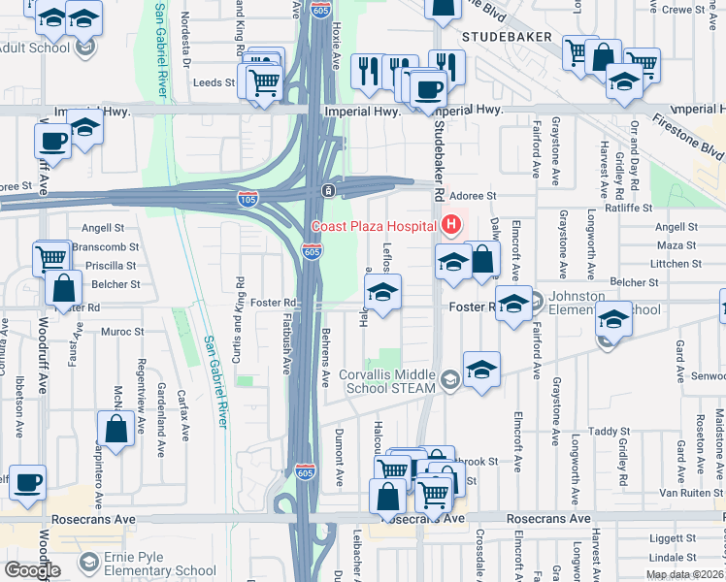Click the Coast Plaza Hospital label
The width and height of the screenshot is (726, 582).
tap(373, 227)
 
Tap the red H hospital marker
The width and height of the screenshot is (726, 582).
tap(450, 227)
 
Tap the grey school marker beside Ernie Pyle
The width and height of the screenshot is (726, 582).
tap(89, 563)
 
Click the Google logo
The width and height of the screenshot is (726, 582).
tap(31, 570)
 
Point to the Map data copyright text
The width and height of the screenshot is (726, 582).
tap(685, 574)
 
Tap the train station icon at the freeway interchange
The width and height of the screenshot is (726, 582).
tap(330, 188)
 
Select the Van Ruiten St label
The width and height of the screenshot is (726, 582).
tap(692, 492)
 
